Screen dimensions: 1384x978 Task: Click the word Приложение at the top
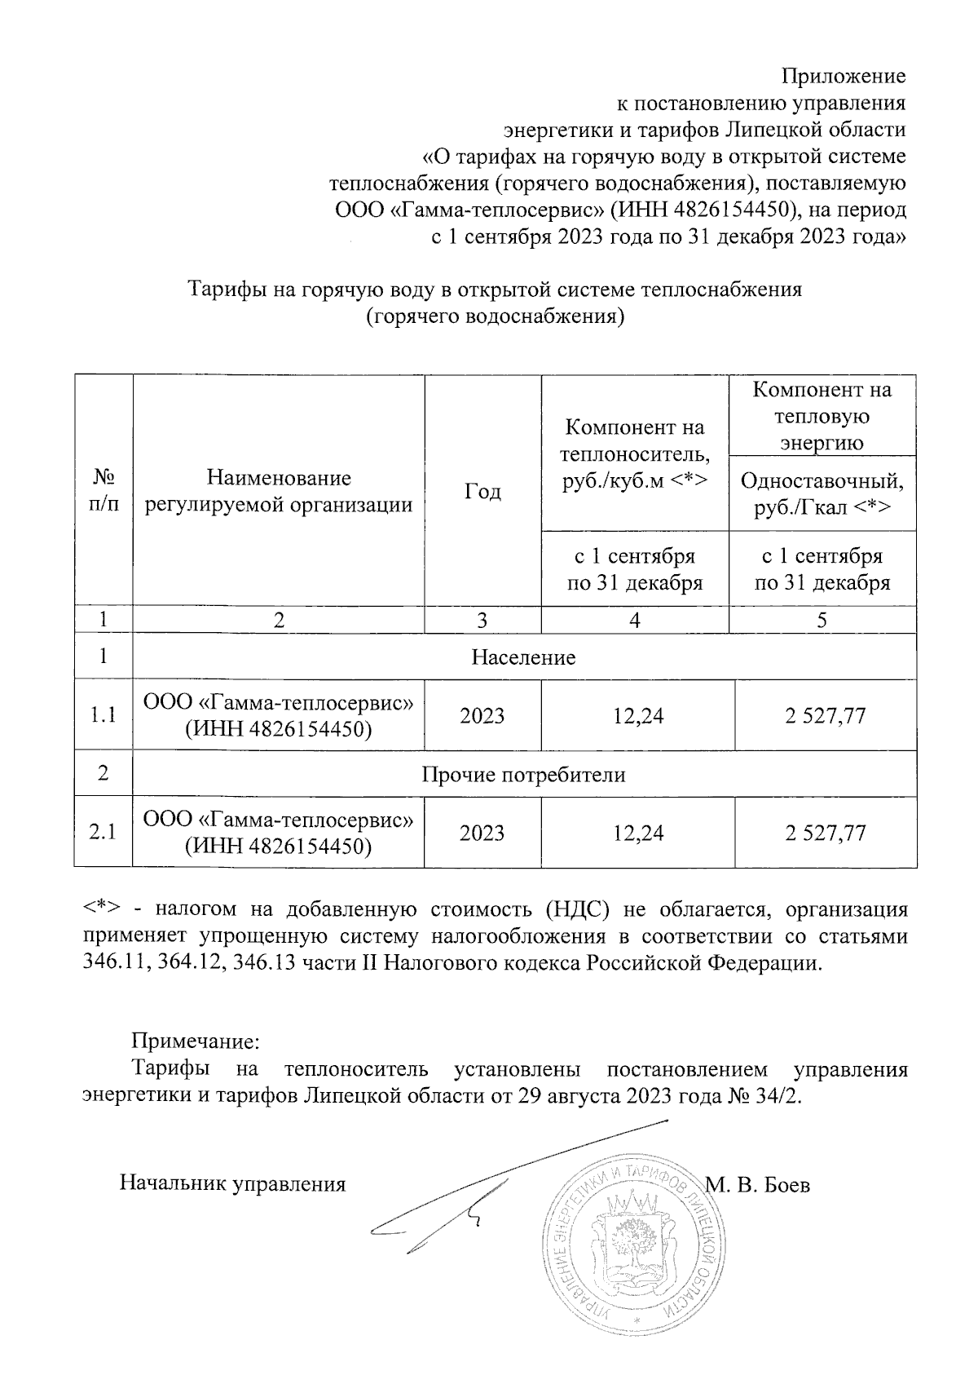pos(844,77)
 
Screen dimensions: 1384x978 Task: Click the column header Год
pos(482,491)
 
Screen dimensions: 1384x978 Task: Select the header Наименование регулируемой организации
pos(279,491)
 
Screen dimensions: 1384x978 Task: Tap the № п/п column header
pos(104,491)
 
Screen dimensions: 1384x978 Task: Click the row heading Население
pos(523,657)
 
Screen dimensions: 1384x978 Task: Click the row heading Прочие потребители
pos(523,774)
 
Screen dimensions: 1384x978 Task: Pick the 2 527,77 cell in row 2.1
pos(825,833)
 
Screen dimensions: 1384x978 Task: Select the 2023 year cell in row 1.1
pos(482,716)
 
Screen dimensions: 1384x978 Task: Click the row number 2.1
pos(104,833)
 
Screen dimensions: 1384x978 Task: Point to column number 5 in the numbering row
pos(822,621)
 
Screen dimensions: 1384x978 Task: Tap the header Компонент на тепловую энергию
pos(822,416)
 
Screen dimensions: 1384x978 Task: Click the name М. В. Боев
pos(758,1185)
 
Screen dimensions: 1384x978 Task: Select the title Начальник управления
pos(233,1183)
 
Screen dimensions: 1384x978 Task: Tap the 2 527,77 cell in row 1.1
pos(825,716)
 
